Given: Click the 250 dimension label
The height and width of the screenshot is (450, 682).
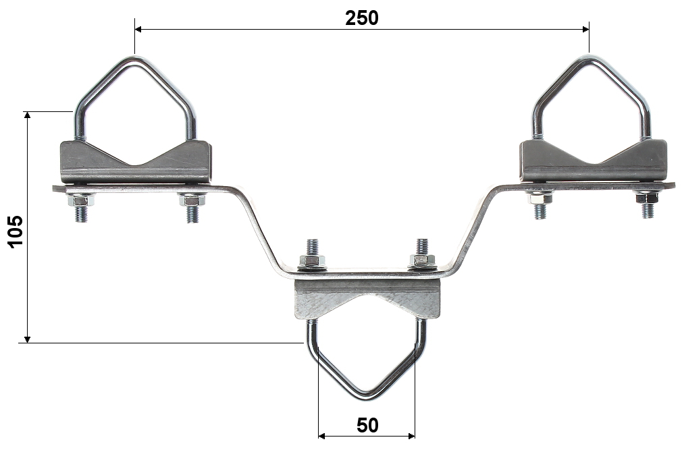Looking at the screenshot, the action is [x=362, y=18].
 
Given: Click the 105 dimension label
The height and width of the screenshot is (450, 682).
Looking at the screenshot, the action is [x=16, y=231].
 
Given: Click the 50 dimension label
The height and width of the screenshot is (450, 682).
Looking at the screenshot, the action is [x=367, y=425].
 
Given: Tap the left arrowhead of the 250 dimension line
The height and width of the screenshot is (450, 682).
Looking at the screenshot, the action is [x=138, y=29].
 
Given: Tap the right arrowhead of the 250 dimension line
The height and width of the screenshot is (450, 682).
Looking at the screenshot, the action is [x=585, y=29].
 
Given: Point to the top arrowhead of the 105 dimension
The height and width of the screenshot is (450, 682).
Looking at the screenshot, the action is [x=28, y=115].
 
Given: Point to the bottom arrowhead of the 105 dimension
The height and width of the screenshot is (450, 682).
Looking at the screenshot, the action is [x=28, y=339].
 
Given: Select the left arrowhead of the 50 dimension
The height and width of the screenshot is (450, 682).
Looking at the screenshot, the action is [x=322, y=436].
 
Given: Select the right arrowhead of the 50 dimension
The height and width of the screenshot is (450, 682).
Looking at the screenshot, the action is [x=411, y=436].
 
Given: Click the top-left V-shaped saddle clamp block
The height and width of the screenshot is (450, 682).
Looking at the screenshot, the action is [x=135, y=162].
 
